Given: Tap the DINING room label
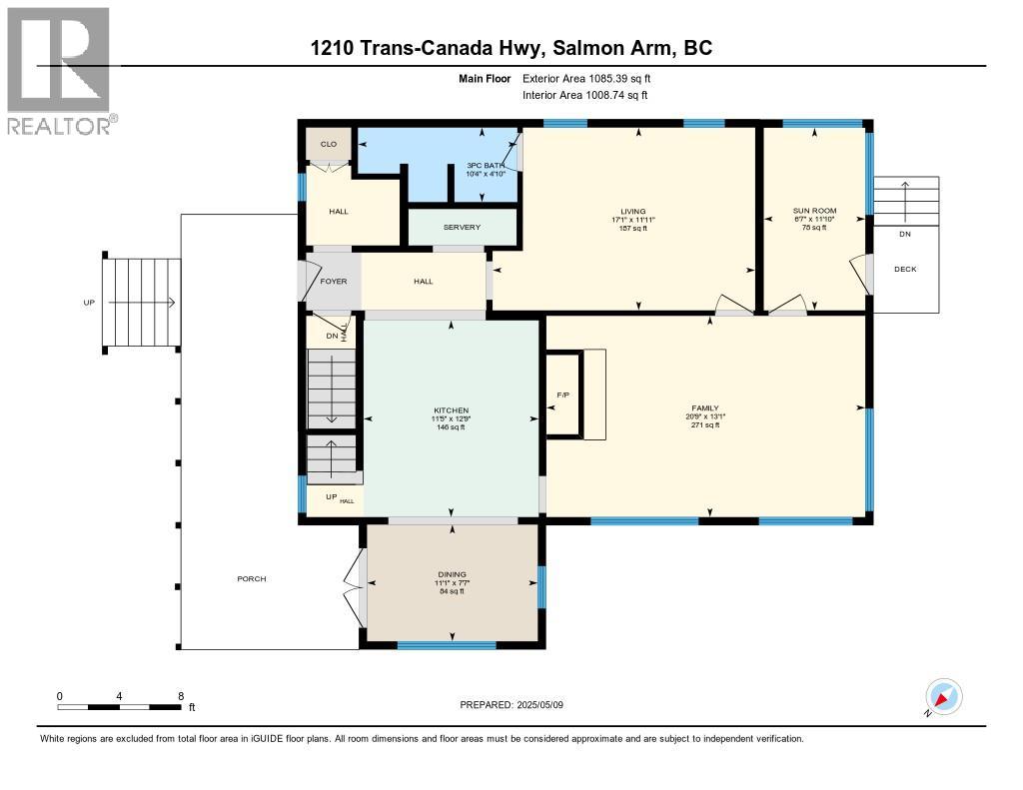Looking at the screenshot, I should [453, 574].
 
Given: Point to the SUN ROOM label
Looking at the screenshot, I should [812, 211].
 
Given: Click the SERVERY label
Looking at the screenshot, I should [462, 228].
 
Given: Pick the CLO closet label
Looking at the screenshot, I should [329, 145].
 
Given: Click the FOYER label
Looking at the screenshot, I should [333, 282].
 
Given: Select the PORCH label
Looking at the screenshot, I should [252, 579].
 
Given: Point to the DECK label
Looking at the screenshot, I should [905, 269].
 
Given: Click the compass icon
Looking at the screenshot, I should [943, 697].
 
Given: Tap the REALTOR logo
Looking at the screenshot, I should [61, 70].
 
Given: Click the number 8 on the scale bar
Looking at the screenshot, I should [180, 695].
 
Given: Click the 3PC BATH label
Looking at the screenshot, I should [487, 165].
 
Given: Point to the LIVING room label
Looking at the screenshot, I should [633, 212].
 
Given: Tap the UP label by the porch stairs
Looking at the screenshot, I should [89, 302].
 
